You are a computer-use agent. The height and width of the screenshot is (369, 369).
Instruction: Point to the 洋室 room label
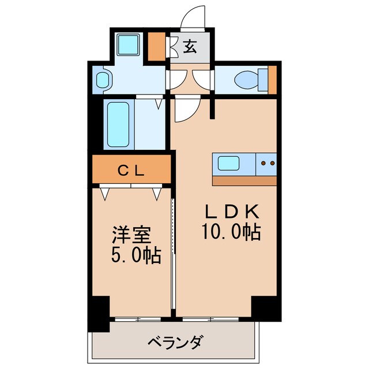click(130, 235)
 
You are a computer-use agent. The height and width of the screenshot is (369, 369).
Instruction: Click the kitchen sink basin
click(228, 163)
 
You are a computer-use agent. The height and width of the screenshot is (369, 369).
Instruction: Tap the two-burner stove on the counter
click(267, 163)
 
